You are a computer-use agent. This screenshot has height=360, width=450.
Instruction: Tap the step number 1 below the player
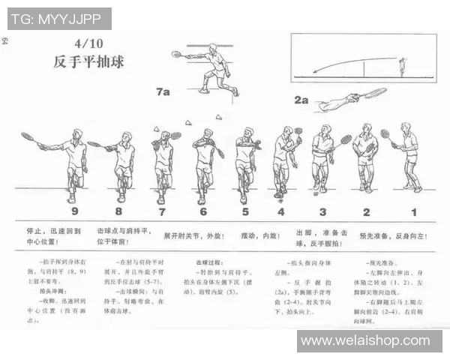point(413,212)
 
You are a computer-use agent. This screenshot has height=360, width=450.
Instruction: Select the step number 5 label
point(244,212)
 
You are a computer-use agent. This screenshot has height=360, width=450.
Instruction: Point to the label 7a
point(163,91)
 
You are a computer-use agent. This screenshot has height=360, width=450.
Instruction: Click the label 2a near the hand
point(301,98)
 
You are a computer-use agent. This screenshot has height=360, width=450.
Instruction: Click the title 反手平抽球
point(88,61)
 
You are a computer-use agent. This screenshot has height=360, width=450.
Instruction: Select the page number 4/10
point(87,43)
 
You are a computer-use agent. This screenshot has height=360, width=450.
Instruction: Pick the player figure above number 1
point(409,157)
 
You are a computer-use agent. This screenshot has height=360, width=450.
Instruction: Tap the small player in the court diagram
point(403,65)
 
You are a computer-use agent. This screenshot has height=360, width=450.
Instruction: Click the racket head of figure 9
point(27,137)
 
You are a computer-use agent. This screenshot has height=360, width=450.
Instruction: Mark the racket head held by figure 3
point(346,139)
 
